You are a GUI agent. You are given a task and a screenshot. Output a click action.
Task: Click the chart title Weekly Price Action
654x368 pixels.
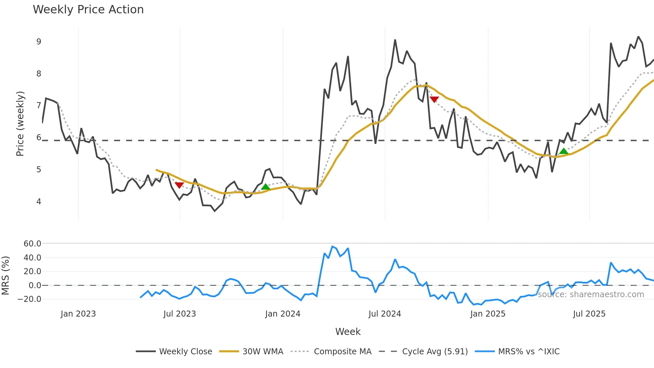tap(88, 10)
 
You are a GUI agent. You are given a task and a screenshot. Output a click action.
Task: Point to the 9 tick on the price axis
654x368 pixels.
tap(39, 42)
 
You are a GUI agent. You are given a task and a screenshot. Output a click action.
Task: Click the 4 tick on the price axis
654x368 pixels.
tap(39, 201)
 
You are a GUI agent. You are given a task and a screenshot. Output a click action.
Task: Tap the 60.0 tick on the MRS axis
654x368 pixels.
tap(32, 244)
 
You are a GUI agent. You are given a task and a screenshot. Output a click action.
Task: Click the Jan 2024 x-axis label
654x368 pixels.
tap(283, 314)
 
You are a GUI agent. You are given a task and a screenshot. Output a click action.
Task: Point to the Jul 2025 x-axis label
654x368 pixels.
tap(589, 314)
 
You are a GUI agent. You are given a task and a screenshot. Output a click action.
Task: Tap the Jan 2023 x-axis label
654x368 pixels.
tap(78, 314)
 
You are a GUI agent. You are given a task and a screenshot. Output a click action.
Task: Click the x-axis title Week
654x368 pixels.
tap(348, 332)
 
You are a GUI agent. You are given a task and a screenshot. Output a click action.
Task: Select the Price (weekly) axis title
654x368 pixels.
tap(20, 124)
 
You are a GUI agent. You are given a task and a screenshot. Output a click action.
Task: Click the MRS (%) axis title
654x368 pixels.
tap(5, 275)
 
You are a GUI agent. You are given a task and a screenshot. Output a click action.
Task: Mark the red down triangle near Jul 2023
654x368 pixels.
tap(179, 185)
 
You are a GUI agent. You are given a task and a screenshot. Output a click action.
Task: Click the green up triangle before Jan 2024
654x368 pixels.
tap(265, 187)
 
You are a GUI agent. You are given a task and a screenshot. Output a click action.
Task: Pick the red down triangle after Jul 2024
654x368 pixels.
tap(434, 99)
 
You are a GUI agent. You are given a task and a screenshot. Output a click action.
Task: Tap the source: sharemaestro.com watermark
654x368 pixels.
tap(591, 295)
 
